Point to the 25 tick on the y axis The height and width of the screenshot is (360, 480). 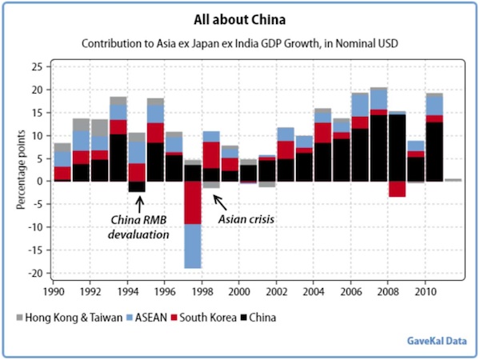click(37, 66)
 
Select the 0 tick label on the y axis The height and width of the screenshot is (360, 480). click(39, 182)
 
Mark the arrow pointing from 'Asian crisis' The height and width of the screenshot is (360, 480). click(219, 200)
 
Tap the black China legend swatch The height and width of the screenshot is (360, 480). click(244, 318)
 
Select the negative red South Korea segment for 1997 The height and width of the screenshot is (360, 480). click(194, 202)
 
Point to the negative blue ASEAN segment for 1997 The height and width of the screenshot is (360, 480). click(194, 246)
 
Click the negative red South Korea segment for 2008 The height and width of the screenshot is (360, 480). click(398, 189)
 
